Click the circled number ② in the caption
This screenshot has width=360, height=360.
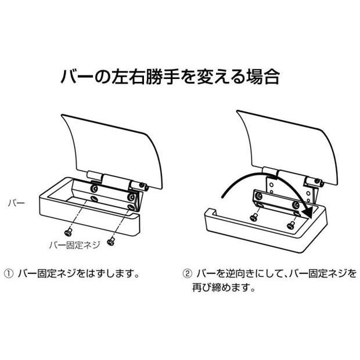point(187,272)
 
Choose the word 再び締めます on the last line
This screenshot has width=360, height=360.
point(224,287)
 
